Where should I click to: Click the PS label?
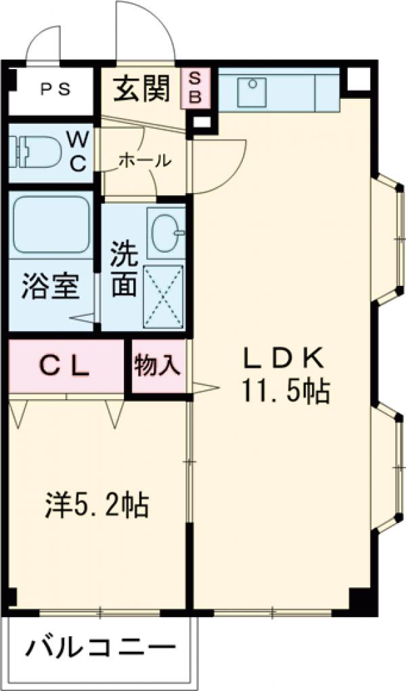coord(51,89)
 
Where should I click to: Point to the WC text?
coord(78,151)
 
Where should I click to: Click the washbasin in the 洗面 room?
coord(164,232)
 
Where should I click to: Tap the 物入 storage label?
coord(157,366)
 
